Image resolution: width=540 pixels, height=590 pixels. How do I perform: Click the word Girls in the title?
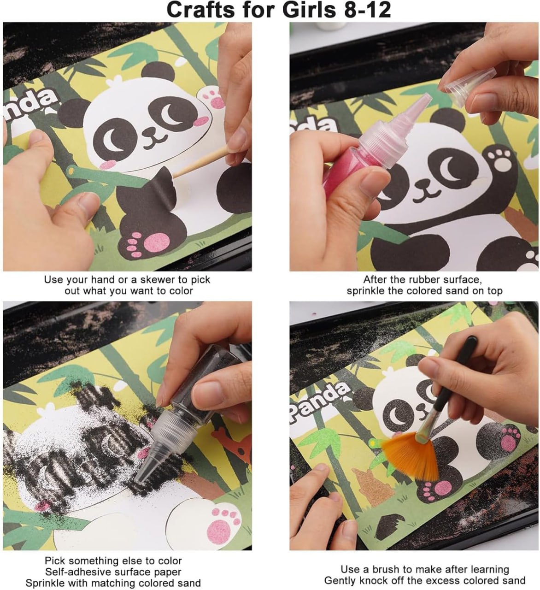[x=309, y=10]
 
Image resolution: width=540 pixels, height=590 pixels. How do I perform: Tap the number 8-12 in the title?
[x=366, y=10]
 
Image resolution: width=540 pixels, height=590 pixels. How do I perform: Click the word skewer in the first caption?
[x=156, y=279]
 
